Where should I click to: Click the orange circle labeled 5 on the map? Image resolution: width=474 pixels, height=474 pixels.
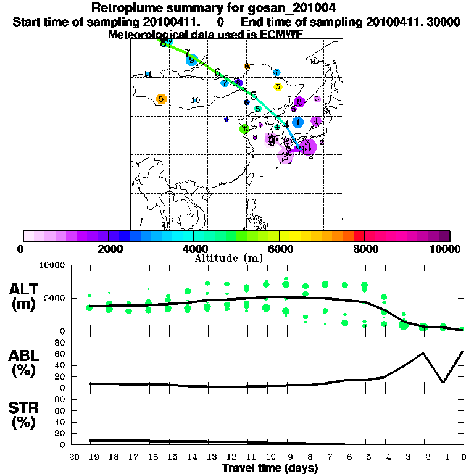pyautogui.click(x=161, y=99)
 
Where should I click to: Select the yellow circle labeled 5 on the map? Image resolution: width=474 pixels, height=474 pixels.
pyautogui.click(x=278, y=87)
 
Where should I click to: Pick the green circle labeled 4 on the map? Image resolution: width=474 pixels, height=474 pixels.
pyautogui.click(x=244, y=128)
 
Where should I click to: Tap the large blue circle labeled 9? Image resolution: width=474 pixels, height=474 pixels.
pyautogui.click(x=191, y=60)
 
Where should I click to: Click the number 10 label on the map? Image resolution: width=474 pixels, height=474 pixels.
pyautogui.click(x=195, y=100)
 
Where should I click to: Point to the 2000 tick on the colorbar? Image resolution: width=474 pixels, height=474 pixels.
pyautogui.click(x=109, y=236)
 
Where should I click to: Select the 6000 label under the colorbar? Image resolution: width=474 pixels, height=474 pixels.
pyautogui.click(x=279, y=249)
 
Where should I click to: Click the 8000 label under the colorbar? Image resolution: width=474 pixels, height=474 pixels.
pyautogui.click(x=364, y=249)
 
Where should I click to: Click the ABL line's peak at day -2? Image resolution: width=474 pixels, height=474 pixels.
pyautogui.click(x=423, y=353)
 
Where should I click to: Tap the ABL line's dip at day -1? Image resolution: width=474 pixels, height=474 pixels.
pyautogui.click(x=443, y=382)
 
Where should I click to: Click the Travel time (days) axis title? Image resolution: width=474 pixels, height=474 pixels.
pyautogui.click(x=270, y=468)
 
